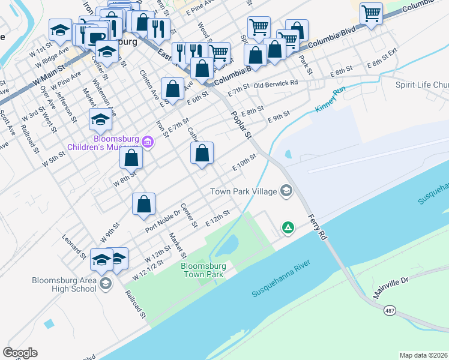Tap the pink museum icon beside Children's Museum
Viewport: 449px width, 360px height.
[x=148, y=142]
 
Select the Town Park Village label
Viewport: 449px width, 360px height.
[x=243, y=191]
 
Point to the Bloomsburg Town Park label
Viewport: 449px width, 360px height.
[x=203, y=269]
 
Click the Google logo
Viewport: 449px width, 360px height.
[x=20, y=352]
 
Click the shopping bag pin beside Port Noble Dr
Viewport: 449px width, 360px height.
[x=144, y=205]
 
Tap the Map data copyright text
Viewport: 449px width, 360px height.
[x=423, y=355]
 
